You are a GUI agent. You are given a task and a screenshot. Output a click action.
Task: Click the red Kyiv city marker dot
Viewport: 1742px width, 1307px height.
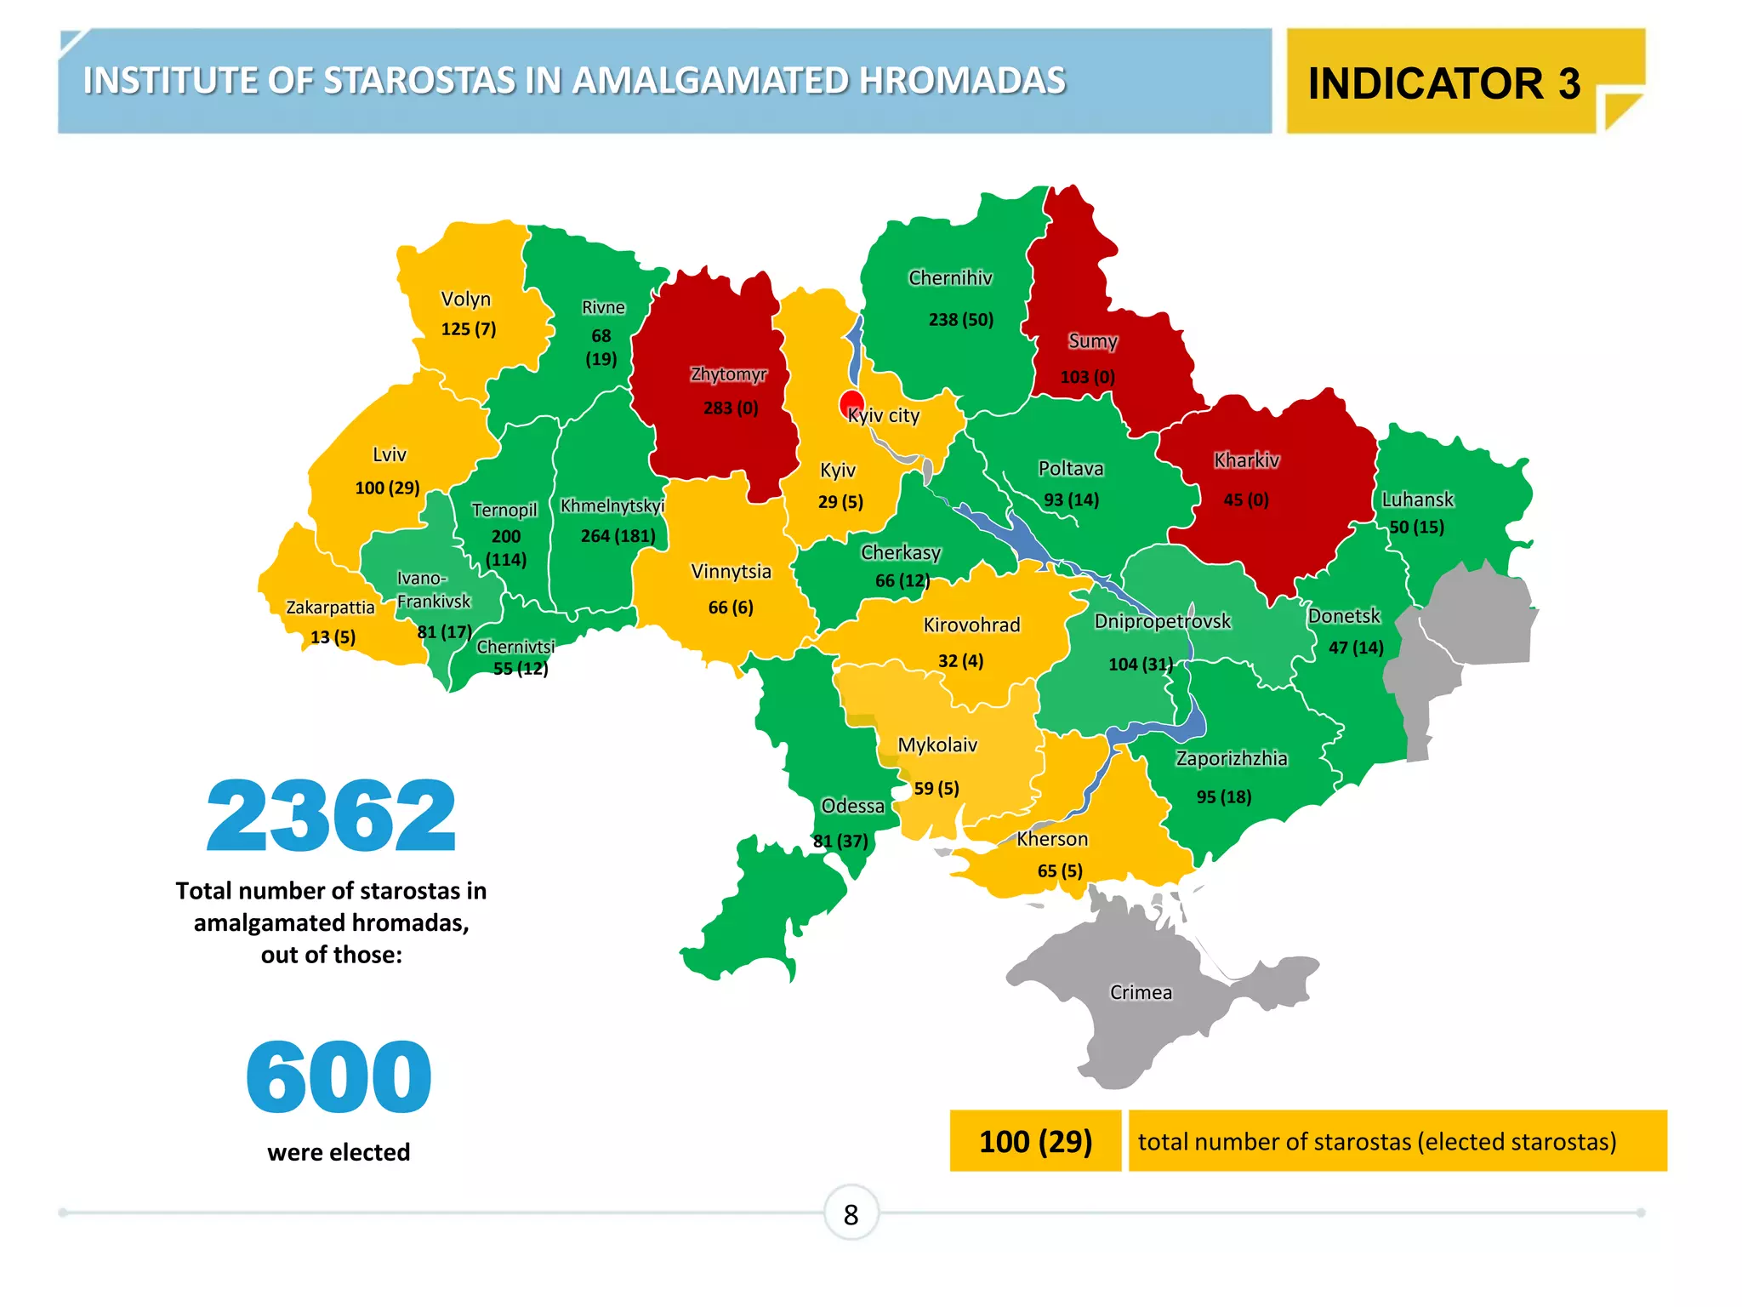(x=851, y=403)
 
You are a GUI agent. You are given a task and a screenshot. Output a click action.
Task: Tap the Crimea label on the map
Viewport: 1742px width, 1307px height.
(x=1141, y=992)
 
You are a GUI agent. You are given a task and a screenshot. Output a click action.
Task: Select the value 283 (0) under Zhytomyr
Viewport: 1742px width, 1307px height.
(x=731, y=408)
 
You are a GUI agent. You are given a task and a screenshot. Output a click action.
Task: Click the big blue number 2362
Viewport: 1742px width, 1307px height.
(x=331, y=816)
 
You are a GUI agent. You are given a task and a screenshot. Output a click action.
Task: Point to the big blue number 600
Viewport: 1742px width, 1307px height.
(x=339, y=1076)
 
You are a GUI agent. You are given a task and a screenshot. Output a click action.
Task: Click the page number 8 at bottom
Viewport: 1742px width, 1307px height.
(x=851, y=1214)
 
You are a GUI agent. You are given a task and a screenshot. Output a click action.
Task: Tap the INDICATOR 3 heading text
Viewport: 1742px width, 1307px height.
(x=1443, y=83)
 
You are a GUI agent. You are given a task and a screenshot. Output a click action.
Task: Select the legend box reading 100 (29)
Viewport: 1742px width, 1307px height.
(x=1035, y=1141)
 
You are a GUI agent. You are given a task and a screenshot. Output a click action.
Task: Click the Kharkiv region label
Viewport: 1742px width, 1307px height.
(x=1246, y=460)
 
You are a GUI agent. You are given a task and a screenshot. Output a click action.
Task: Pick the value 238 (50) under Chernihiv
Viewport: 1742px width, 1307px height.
(x=960, y=320)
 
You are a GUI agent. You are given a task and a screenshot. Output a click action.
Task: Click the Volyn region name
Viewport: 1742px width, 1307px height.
(x=465, y=299)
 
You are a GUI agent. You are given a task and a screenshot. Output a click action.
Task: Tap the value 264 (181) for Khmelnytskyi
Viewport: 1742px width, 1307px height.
(x=618, y=536)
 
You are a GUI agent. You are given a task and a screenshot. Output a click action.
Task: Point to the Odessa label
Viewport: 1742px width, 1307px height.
(x=852, y=806)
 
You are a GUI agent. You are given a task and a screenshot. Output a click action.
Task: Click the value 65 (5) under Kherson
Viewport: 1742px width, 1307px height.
(x=1060, y=870)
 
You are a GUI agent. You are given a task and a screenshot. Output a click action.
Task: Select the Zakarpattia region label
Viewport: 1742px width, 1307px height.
(x=330, y=608)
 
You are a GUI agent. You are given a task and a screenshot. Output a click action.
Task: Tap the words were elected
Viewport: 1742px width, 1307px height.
(x=339, y=1152)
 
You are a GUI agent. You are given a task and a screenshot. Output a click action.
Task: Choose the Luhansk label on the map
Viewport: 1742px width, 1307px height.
(x=1417, y=499)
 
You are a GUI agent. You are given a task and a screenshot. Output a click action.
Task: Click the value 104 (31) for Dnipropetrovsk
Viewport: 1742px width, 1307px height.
(x=1141, y=664)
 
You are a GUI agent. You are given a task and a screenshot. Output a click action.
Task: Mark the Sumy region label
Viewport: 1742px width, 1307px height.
(x=1092, y=341)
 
